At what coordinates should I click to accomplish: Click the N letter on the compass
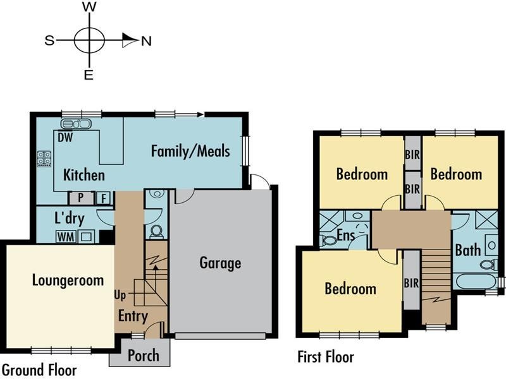pos(146,41)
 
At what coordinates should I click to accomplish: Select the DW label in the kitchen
pos(65,136)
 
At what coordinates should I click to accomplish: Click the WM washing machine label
pos(65,237)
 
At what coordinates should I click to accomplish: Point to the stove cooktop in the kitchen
pos(44,159)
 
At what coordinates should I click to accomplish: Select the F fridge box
pos(104,198)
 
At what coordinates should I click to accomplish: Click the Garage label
pos(220,262)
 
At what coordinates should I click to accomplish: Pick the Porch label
pos(144,355)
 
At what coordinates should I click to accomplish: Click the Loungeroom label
pos(68,280)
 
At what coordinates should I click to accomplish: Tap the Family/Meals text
pos(190,151)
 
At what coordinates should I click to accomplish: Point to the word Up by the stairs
pos(120,295)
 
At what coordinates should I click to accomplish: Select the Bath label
pos(467,250)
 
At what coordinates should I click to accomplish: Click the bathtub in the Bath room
pos(474,280)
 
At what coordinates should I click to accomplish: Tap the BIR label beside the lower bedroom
pos(411,282)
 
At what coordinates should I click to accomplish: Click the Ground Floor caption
pos(39,370)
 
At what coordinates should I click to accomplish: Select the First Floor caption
pos(326,357)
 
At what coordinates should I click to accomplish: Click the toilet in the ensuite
pos(328,240)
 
